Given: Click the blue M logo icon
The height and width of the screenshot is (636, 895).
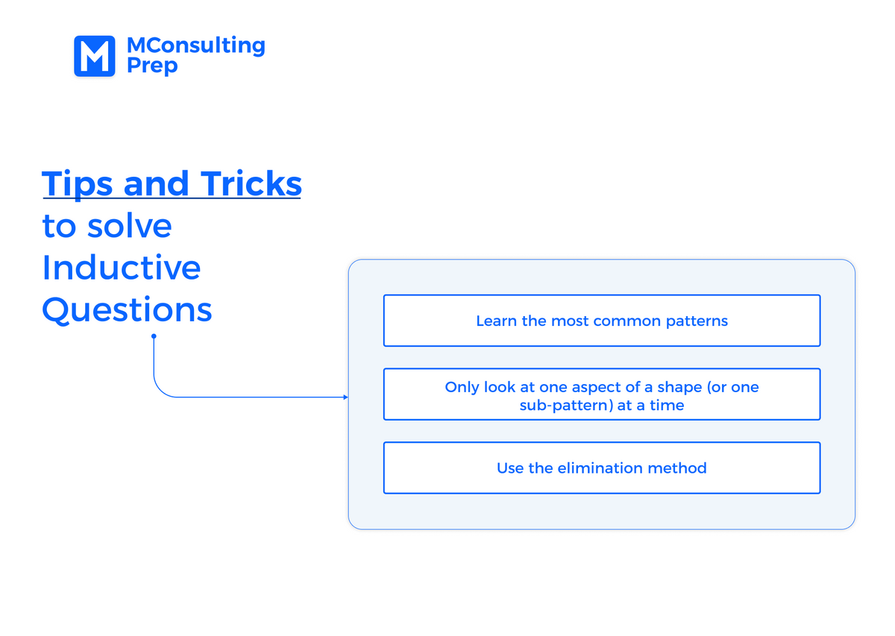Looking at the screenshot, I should [x=95, y=56].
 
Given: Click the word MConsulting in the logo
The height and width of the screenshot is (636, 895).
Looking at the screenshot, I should [x=195, y=45].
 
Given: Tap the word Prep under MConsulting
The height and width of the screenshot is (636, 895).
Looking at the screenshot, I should [x=152, y=66].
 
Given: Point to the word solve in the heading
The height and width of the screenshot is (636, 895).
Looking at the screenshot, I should [x=130, y=226].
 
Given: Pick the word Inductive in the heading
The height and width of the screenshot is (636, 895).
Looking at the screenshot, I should [x=122, y=268].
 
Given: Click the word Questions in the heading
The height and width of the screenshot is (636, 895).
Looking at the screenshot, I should [x=127, y=309].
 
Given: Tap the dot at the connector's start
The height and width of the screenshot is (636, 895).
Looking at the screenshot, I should [x=154, y=336].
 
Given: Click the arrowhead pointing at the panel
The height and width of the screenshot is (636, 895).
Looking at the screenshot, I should [x=345, y=397].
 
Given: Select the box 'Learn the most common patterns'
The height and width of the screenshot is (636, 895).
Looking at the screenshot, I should [x=602, y=321].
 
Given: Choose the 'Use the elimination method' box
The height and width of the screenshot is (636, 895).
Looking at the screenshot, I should [x=602, y=467].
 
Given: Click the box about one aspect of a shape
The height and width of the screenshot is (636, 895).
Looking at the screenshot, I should [x=602, y=394].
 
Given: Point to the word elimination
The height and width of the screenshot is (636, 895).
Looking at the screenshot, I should [x=591, y=468].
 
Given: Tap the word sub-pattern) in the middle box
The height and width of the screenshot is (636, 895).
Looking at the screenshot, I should [x=565, y=406].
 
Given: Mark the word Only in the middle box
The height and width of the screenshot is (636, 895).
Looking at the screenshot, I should [x=462, y=387].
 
